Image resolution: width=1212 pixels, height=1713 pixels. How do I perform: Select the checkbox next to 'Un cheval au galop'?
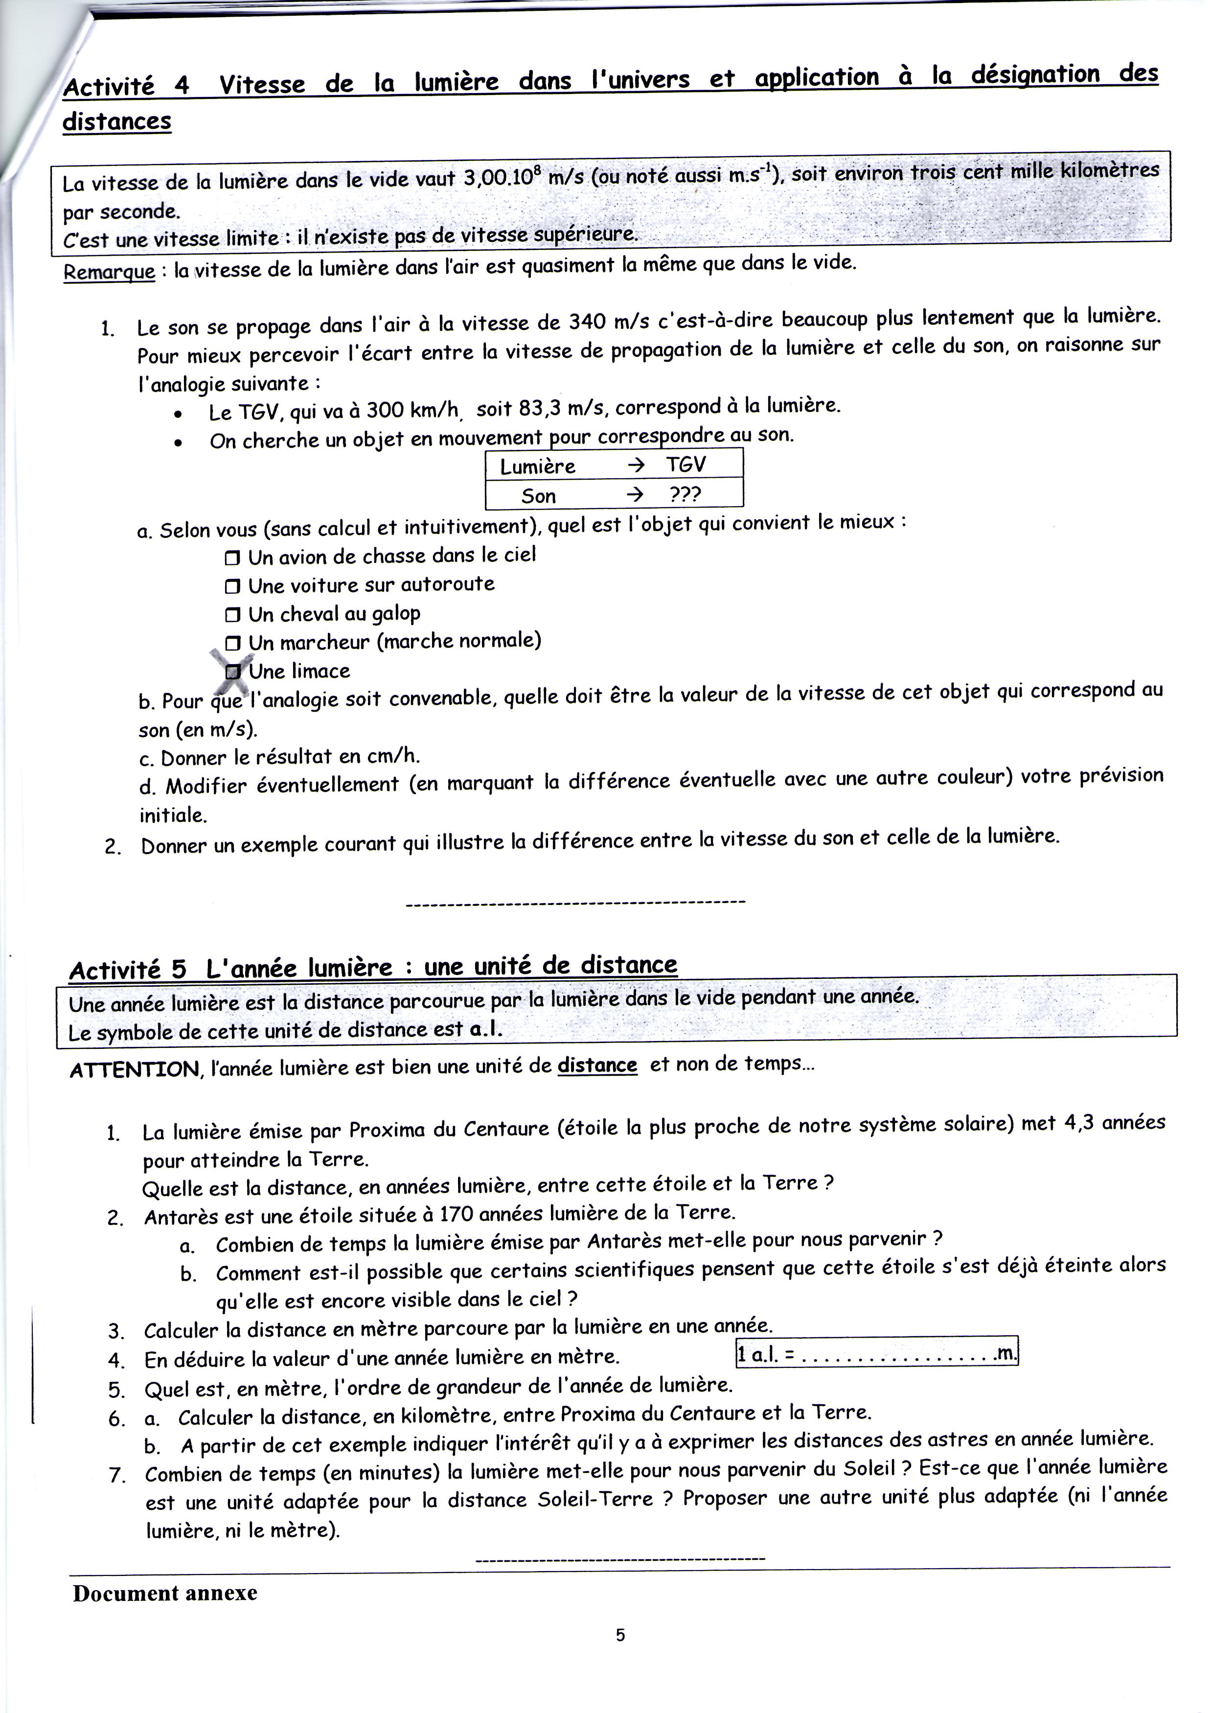click(233, 615)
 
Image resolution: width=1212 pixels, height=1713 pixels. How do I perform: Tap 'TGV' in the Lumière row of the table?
click(685, 465)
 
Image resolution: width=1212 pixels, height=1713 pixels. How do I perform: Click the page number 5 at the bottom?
click(620, 1635)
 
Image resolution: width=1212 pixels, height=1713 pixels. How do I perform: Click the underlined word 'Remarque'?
click(109, 272)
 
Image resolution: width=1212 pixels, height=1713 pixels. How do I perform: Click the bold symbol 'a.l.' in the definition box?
click(486, 1030)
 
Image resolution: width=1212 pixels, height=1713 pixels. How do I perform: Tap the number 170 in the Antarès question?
click(455, 1214)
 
